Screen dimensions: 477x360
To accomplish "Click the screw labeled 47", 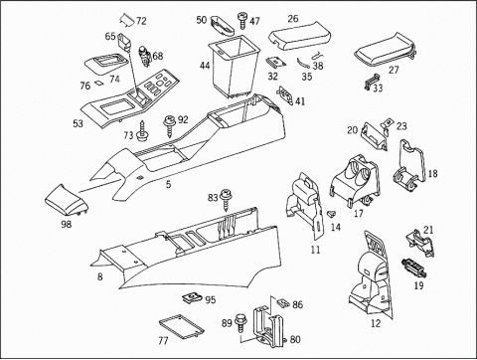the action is click(241, 21).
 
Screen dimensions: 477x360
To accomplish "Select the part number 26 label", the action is click(293, 18).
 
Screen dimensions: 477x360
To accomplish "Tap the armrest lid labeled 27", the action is click(385, 50).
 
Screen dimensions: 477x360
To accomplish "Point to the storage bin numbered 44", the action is click(234, 67).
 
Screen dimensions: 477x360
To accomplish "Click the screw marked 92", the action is click(170, 126).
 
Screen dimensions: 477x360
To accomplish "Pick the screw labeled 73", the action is click(143, 130).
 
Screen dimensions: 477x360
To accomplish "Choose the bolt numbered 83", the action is click(227, 200).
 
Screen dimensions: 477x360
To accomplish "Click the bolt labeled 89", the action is click(240, 323).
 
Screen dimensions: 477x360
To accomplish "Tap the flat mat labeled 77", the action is click(181, 327).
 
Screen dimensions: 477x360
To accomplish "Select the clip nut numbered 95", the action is click(192, 298).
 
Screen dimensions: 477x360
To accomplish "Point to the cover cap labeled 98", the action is click(67, 200).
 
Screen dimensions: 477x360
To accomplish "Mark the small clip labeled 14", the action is click(330, 214).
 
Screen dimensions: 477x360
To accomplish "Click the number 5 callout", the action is click(169, 184).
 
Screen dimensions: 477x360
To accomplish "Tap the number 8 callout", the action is click(99, 276).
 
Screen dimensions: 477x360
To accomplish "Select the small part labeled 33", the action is click(373, 82).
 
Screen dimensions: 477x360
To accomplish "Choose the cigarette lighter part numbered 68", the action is click(145, 56).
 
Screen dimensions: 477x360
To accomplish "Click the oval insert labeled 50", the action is click(223, 26).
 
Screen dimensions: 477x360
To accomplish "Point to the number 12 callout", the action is click(376, 323).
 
